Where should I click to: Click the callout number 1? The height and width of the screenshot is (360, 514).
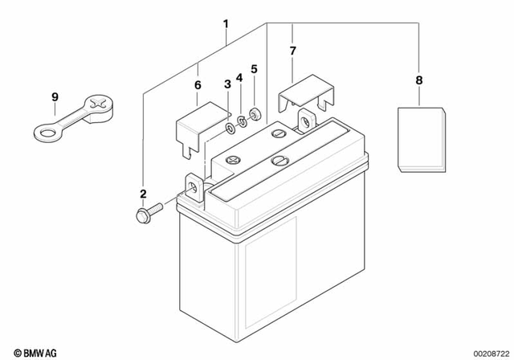[226, 24]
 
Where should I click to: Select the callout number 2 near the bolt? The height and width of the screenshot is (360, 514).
[143, 194]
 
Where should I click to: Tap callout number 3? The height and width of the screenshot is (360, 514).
[227, 84]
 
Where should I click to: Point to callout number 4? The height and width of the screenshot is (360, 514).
[239, 78]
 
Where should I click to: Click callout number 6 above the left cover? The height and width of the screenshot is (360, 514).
[198, 85]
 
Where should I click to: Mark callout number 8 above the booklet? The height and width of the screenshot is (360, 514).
[418, 80]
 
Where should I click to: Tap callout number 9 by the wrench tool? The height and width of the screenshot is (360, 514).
[55, 98]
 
